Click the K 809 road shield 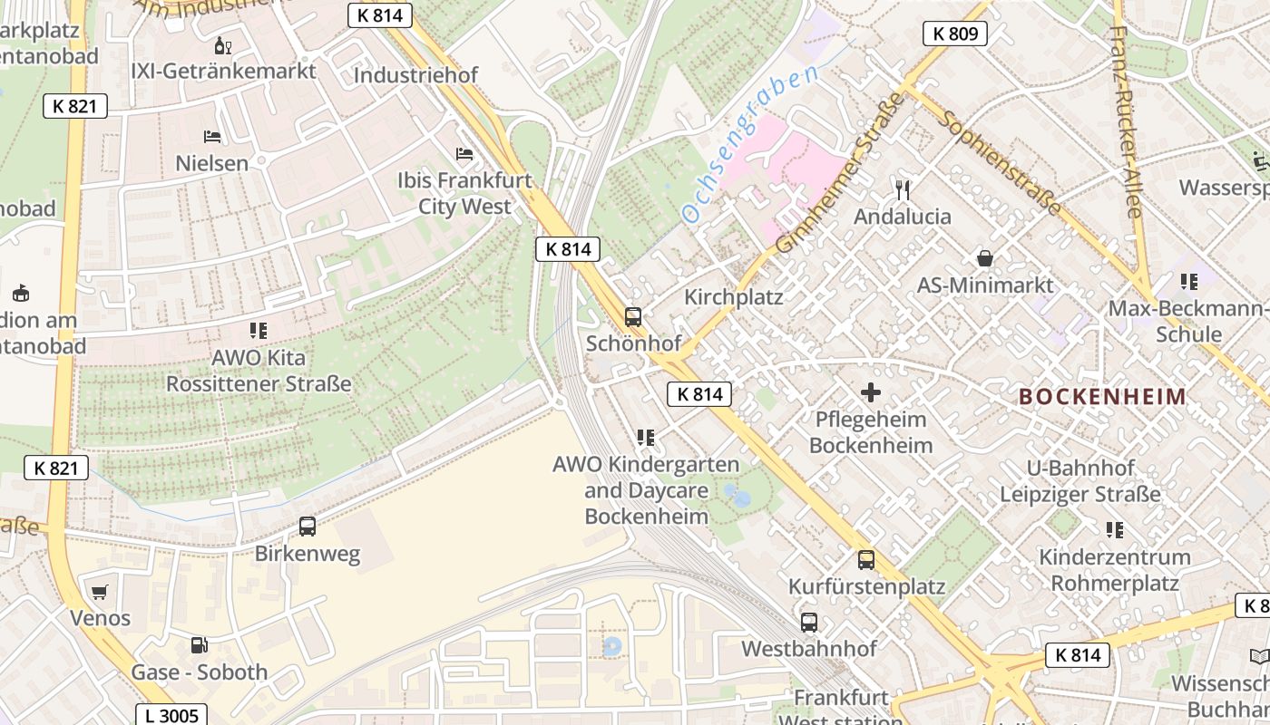pyautogui.click(x=955, y=34)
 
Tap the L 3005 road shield pyautogui.click(x=172, y=715)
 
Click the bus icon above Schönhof pyautogui.click(x=633, y=317)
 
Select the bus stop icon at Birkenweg pyautogui.click(x=308, y=527)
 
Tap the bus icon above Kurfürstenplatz pyautogui.click(x=866, y=560)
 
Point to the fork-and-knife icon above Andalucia pyautogui.click(x=903, y=189)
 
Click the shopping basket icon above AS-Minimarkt pyautogui.click(x=985, y=258)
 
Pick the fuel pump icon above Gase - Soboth pyautogui.click(x=199, y=645)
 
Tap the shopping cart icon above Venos pyautogui.click(x=100, y=592)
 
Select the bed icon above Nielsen pyautogui.click(x=212, y=137)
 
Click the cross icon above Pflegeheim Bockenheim pyautogui.click(x=871, y=392)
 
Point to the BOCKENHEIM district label pyautogui.click(x=1102, y=396)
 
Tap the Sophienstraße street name pyautogui.click(x=1001, y=163)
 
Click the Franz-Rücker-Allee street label pyautogui.click(x=1124, y=121)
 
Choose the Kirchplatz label pyautogui.click(x=733, y=297)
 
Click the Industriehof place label pyautogui.click(x=415, y=74)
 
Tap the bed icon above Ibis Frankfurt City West pyautogui.click(x=465, y=154)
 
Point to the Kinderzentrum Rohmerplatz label pyautogui.click(x=1114, y=569)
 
